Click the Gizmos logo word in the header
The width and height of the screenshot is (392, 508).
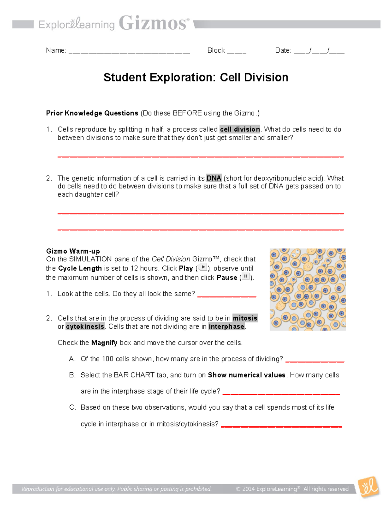click(x=154, y=23)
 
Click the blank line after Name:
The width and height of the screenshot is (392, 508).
click(x=129, y=52)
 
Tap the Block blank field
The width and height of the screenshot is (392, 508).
click(x=237, y=52)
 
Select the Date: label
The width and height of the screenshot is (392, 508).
click(x=283, y=50)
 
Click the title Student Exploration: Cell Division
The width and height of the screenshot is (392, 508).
click(x=196, y=78)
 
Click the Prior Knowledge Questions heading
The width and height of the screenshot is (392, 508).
click(x=92, y=113)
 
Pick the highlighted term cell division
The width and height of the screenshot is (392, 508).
click(x=240, y=129)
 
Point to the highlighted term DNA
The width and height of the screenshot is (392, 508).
click(x=214, y=178)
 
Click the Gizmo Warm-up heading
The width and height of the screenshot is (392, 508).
click(x=73, y=251)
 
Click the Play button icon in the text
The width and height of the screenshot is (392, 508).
click(x=203, y=268)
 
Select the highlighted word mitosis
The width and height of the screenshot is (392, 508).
click(x=245, y=318)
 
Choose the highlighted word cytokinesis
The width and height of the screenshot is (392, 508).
click(x=85, y=326)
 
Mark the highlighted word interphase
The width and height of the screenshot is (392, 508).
click(x=226, y=326)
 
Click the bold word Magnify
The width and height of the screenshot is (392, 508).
click(x=104, y=343)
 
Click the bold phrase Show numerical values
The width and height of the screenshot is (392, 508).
click(x=247, y=375)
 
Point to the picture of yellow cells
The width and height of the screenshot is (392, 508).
click(x=307, y=289)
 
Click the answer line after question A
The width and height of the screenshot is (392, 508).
click(x=315, y=361)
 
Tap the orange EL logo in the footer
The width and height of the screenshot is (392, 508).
click(x=369, y=487)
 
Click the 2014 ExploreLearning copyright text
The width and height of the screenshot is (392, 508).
click(x=292, y=489)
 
